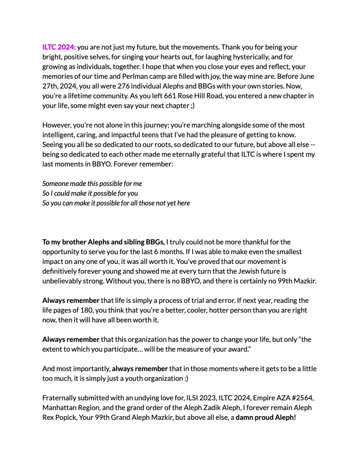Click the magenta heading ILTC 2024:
[x=59, y=47]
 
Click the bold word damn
[x=245, y=417]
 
